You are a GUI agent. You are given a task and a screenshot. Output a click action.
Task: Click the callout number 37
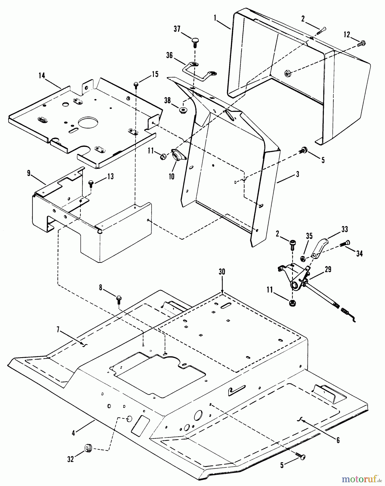(x=177, y=29)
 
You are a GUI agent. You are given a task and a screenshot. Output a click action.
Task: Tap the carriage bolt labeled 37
(x=195, y=43)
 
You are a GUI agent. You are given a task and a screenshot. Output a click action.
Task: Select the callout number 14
(x=42, y=76)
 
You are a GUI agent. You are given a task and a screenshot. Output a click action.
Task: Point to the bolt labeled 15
(x=136, y=85)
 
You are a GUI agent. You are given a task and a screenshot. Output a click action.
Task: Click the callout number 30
(x=222, y=272)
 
